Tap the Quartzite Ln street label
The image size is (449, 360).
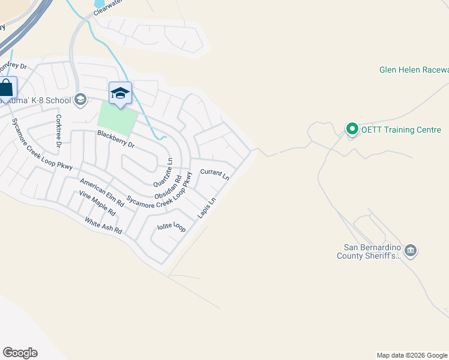click(163, 172)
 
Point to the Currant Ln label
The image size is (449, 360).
click(214, 175)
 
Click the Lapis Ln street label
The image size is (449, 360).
click(206, 209)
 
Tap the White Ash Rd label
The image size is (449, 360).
click(103, 226)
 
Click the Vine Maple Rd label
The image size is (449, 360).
click(97, 203)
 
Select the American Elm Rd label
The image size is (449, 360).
click(102, 193)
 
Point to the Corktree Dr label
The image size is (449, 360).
click(59, 131)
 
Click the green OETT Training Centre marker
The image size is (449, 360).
click(352, 129)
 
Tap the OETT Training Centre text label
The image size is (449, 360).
click(400, 130)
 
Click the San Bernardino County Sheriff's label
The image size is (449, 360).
click(372, 251)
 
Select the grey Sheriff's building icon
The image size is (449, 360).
click(411, 251)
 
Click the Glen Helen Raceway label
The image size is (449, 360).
click(414, 70)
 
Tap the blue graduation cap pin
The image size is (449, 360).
click(120, 93)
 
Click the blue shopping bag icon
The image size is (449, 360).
click(6, 88)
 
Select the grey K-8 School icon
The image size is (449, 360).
click(80, 100)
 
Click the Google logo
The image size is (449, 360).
click(20, 353)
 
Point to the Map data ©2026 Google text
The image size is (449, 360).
click(411, 355)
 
